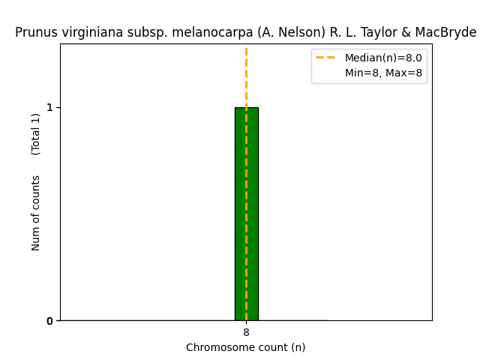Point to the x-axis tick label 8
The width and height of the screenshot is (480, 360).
pyautogui.click(x=246, y=332)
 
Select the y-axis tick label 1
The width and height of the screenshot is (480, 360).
pyautogui.click(x=49, y=107)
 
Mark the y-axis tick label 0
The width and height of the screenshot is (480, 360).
pyautogui.click(x=49, y=321)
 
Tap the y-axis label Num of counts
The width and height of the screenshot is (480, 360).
pyautogui.click(x=36, y=213)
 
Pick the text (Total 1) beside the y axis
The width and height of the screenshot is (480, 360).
pyautogui.click(x=36, y=133)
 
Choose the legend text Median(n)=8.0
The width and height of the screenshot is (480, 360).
pyautogui.click(x=383, y=58)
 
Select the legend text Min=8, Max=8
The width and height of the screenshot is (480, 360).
pyautogui.click(x=383, y=73)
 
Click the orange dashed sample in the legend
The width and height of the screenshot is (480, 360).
pyautogui.click(x=325, y=58)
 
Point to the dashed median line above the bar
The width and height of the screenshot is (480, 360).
pyautogui.click(x=246, y=75)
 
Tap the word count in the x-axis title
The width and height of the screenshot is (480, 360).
pyautogui.click(x=274, y=347)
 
